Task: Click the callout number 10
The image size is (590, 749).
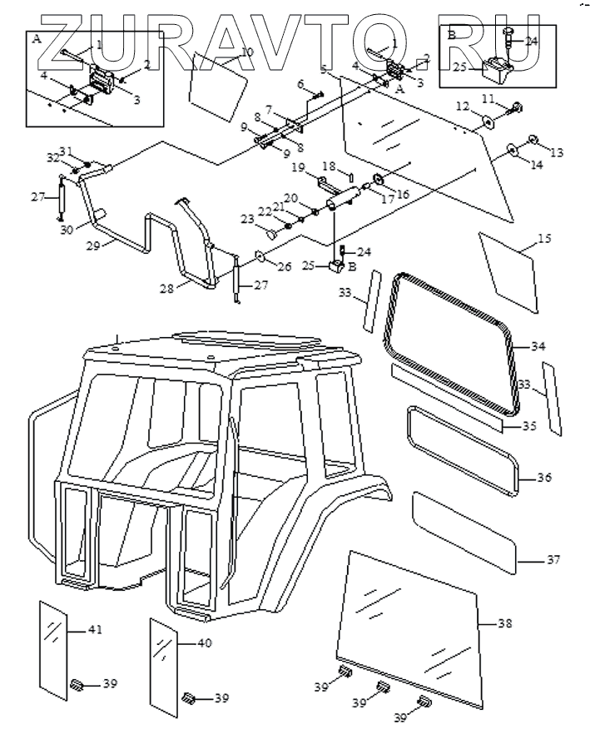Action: tap(246, 52)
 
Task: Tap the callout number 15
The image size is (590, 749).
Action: tap(544, 240)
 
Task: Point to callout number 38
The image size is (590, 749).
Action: tap(505, 623)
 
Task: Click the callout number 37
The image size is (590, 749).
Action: tap(553, 560)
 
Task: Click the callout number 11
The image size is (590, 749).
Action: tap(488, 100)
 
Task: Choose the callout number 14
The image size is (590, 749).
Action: tap(537, 166)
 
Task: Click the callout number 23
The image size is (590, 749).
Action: tap(247, 219)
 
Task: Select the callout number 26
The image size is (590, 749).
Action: tap(284, 267)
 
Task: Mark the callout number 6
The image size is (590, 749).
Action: tap(301, 83)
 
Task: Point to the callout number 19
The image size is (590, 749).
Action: tap(300, 168)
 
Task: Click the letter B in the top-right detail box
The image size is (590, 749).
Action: tap(451, 35)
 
